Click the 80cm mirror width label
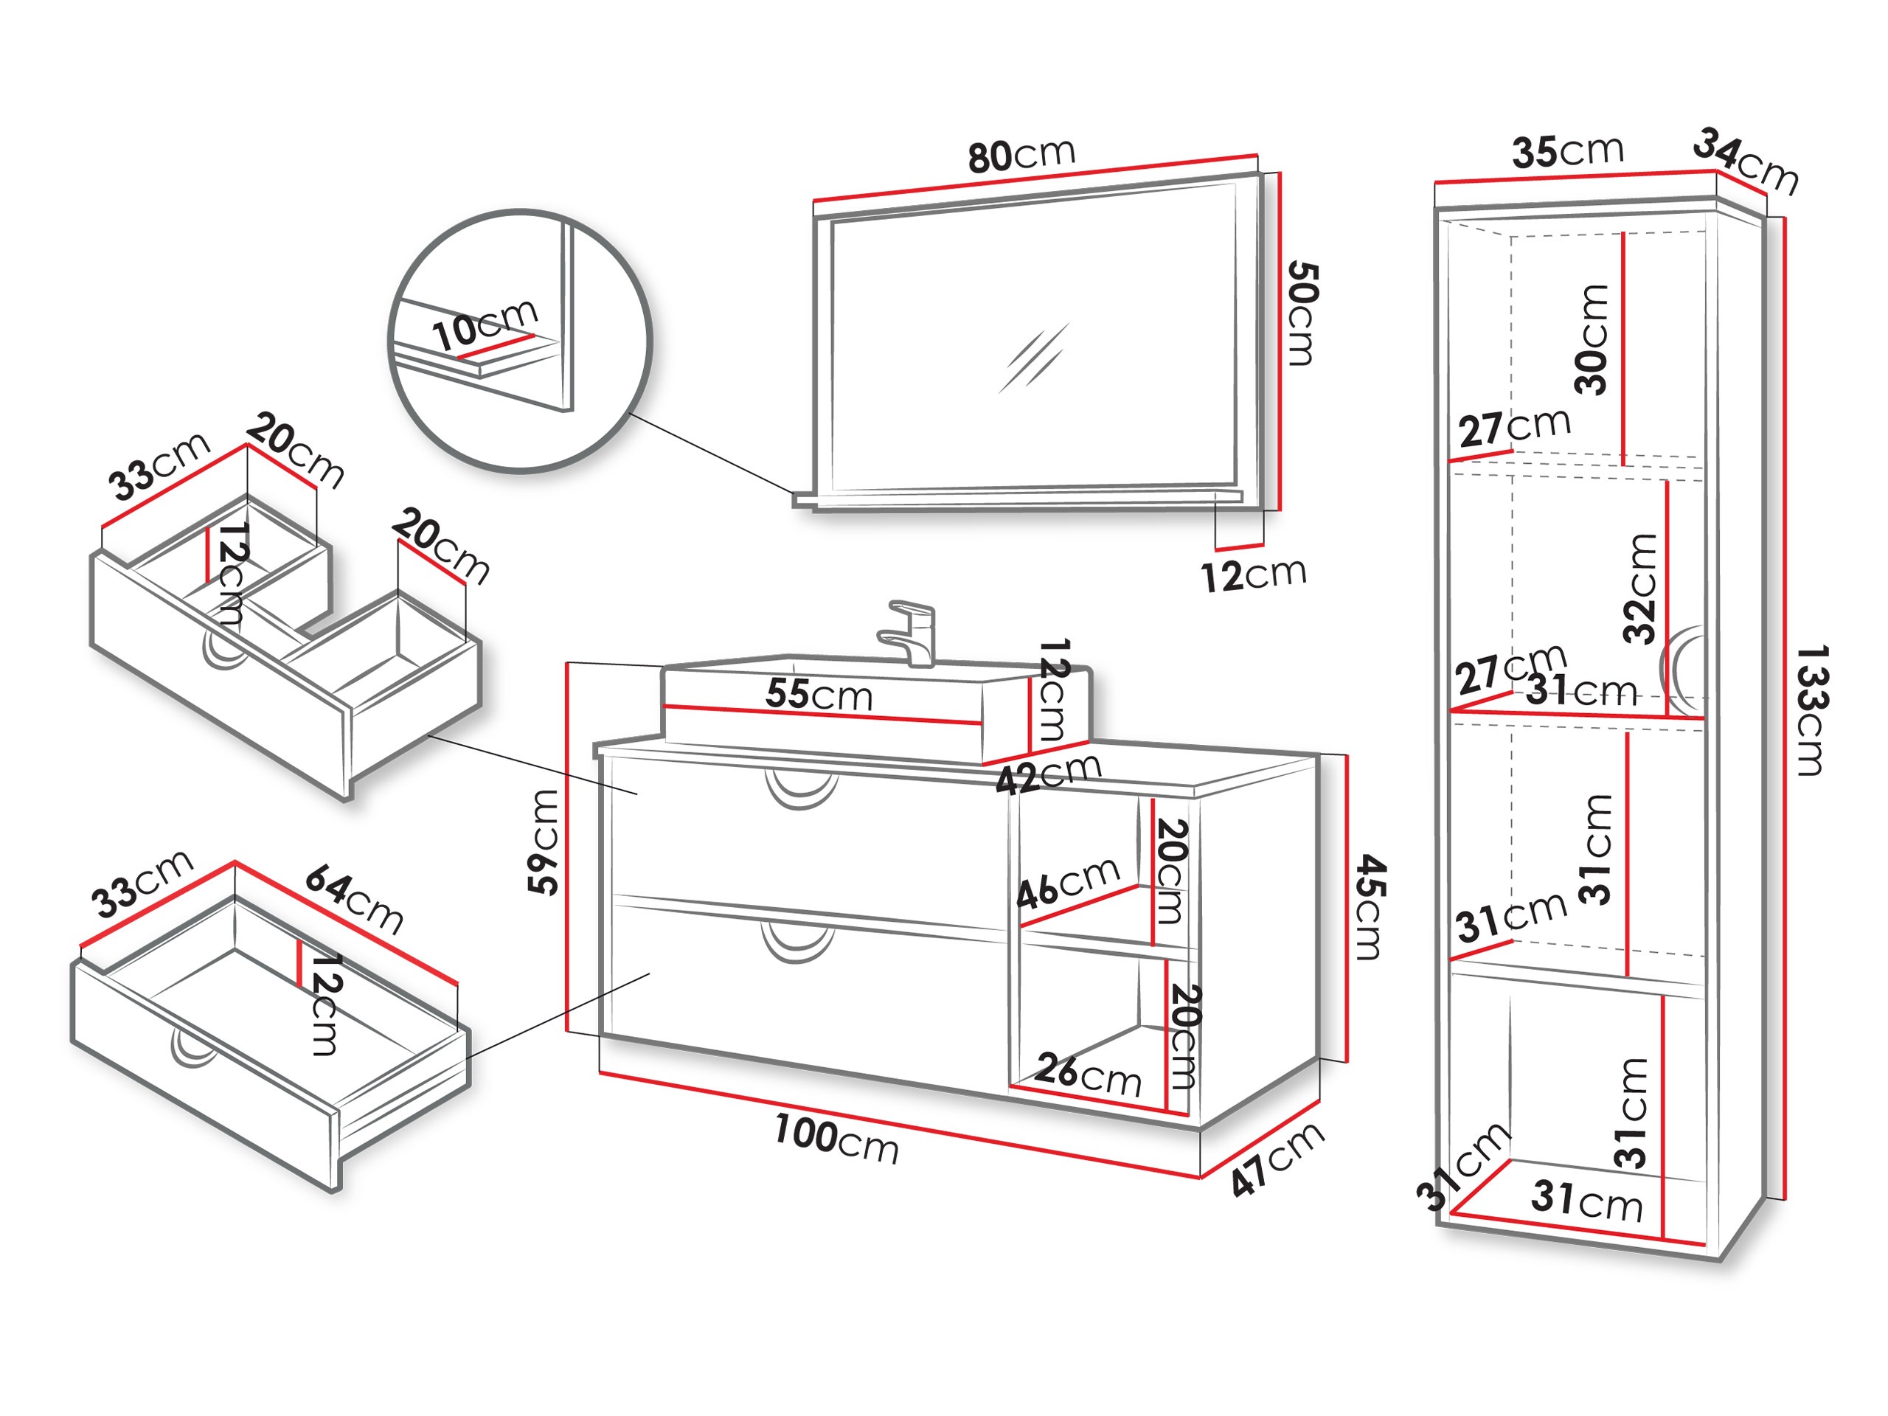point(1021,156)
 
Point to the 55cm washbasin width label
point(819,694)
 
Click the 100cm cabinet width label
point(836,1139)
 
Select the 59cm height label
point(544,841)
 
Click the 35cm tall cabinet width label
point(1567,151)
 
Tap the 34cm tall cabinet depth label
point(1746,162)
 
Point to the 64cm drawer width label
point(354,899)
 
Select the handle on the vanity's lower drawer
point(797,944)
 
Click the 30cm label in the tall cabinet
point(1591,340)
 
